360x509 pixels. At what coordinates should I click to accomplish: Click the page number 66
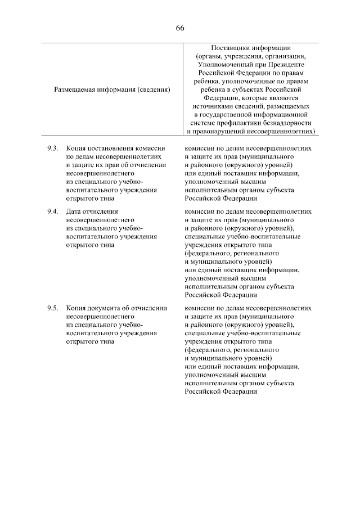pos(180,28)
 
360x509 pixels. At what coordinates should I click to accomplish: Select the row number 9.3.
pos(52,148)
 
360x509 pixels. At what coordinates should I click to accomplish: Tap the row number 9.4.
pos(52,211)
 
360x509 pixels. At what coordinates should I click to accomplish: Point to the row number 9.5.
pos(52,308)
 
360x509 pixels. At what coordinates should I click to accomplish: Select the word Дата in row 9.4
pos(74,211)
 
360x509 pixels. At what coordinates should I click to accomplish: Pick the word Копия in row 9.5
pos(75,308)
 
